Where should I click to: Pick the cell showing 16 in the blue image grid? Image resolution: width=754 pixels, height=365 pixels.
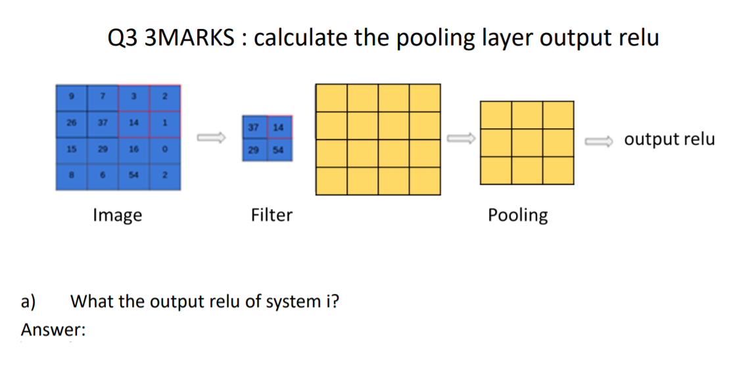pos(134,150)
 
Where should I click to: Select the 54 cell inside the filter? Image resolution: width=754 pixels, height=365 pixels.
pos(278,151)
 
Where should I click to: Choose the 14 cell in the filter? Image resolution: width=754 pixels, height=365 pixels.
pos(278,128)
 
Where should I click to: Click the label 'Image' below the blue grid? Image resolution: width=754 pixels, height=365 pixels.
pos(118,214)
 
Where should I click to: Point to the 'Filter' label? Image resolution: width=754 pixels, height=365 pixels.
pos(271,214)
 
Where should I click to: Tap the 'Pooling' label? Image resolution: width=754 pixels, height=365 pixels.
pos(517,215)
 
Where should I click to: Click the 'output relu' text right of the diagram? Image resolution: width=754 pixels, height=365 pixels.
pos(669,139)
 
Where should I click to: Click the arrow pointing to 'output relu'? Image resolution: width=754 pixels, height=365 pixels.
pos(600,139)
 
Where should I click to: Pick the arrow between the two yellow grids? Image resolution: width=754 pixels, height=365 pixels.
pos(459,138)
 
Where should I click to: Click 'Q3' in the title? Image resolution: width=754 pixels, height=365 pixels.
pos(124,38)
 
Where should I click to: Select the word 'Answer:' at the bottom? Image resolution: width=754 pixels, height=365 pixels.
pos(53,329)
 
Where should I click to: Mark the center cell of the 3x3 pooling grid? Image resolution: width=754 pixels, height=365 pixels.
pos(527,143)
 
